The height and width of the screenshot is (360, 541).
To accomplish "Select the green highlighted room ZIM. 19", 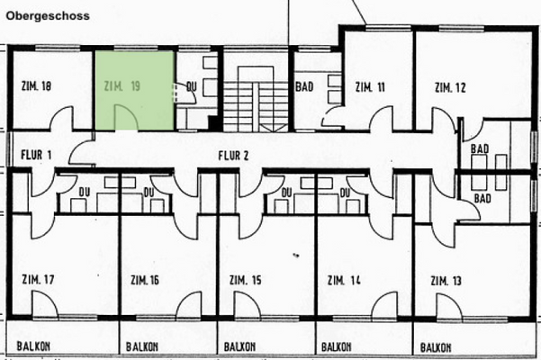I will point(135,90).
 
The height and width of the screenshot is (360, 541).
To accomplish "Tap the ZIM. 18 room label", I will point(35,87).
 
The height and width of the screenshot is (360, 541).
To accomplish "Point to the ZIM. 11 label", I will point(370,87).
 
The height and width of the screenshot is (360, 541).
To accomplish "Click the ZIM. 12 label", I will point(449,87).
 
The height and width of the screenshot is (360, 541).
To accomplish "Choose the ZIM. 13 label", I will point(446,282).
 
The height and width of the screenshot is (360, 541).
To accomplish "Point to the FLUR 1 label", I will point(36,155).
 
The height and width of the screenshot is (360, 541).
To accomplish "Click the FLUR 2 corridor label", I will point(232,155).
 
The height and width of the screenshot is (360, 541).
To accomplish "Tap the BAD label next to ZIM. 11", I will point(303,87).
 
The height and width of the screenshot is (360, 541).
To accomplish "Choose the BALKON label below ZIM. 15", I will point(238,346).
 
